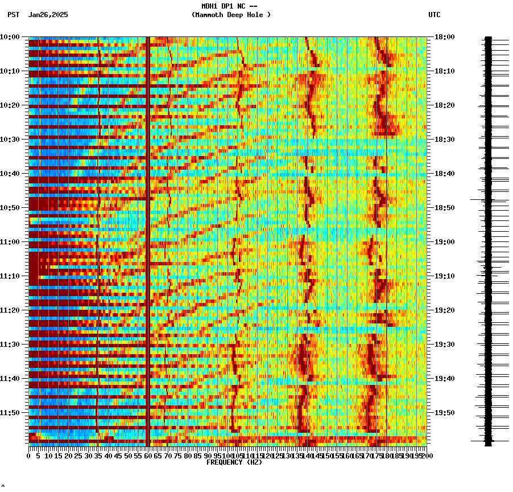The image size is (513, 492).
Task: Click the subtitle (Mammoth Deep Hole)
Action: pyautogui.click(x=231, y=15)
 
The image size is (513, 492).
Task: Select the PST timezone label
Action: pyautogui.click(x=14, y=15)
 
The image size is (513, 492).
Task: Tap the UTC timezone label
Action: pyautogui.click(x=435, y=15)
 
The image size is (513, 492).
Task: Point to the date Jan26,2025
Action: pyautogui.click(x=48, y=15)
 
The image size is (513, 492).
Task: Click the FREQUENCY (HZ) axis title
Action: pyautogui.click(x=234, y=462)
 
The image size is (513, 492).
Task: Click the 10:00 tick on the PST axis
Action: pyautogui.click(x=10, y=37)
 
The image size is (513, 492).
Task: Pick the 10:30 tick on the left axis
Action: pyautogui.click(x=10, y=140)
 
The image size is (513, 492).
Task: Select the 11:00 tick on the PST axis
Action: pyautogui.click(x=10, y=242)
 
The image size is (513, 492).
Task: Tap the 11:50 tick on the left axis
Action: pyautogui.click(x=10, y=413)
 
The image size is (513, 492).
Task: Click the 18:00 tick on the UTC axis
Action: pyautogui.click(x=444, y=37)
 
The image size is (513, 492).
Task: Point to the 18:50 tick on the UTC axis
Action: pyautogui.click(x=444, y=208)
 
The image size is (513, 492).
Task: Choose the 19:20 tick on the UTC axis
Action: pyautogui.click(x=444, y=310)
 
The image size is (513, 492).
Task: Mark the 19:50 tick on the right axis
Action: pyautogui.click(x=444, y=413)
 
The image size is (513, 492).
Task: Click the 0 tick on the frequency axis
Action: pyautogui.click(x=29, y=456)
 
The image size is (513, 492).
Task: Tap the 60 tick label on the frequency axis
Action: pyautogui.click(x=148, y=456)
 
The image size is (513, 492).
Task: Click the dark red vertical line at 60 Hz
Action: pyautogui.click(x=148, y=228)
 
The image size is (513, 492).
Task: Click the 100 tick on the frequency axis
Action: pyautogui.click(x=227, y=456)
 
